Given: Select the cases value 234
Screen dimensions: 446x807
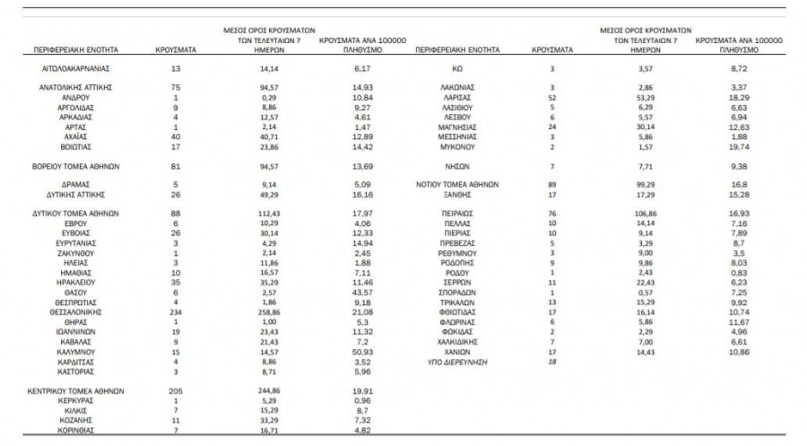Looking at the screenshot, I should coord(176,311).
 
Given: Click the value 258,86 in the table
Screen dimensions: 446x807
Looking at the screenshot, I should coord(269,311).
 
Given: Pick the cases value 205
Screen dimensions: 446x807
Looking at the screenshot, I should coord(176,391).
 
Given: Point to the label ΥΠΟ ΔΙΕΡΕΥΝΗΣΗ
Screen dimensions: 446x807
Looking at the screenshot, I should coord(457,362).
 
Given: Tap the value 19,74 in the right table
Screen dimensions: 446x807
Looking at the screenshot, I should coord(740,145).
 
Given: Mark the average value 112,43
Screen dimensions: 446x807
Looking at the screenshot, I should coord(269,213).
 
